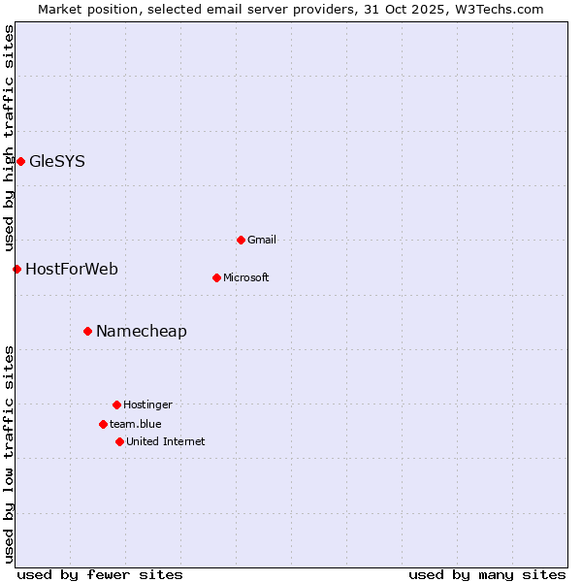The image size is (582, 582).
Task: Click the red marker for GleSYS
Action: (x=20, y=161)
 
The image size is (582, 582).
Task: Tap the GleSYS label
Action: (x=57, y=162)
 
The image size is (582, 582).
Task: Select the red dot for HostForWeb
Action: (x=16, y=269)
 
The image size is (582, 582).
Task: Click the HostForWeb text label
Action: (x=72, y=270)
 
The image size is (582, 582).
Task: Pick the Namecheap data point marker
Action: (x=87, y=331)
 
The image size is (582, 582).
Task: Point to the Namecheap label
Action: (x=142, y=332)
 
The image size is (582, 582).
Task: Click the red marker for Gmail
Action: (x=241, y=240)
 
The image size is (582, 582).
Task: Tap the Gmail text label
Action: (x=262, y=241)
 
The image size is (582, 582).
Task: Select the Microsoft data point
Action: (x=216, y=277)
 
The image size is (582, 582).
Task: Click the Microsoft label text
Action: (x=246, y=278)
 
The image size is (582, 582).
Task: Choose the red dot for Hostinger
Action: (x=116, y=404)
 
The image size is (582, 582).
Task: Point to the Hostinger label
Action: (x=147, y=405)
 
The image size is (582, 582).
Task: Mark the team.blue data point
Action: (x=103, y=424)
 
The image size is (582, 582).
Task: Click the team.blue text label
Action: (x=136, y=424)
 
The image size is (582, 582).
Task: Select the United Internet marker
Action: (x=119, y=441)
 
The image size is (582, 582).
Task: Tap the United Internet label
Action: (x=166, y=442)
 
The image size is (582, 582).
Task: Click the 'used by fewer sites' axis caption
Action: (x=100, y=574)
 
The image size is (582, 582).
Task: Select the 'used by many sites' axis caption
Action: (x=487, y=574)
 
